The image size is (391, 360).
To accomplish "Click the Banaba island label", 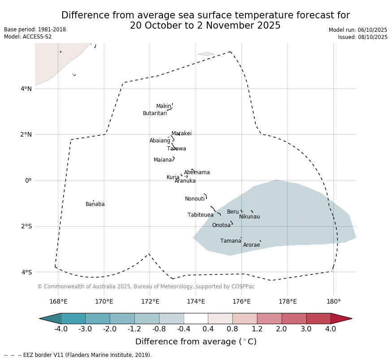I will [95, 204].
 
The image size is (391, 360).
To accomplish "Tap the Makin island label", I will [163, 106].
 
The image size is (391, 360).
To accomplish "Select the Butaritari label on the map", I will [155, 113].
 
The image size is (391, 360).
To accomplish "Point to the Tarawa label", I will [176, 149].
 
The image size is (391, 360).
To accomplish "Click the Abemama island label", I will [197, 172].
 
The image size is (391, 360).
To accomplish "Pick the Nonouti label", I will [195, 199].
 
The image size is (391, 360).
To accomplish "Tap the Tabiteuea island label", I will [201, 215].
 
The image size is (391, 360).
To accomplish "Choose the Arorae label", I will [252, 245].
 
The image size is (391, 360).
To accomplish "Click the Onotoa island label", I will [221, 225].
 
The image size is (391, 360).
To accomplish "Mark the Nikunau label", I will [249, 217].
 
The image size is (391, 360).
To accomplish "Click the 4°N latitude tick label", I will [26, 89].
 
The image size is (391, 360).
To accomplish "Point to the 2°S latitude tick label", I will [26, 226].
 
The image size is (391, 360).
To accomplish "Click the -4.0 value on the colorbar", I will [60, 329].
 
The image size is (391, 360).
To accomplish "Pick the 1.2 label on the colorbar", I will [257, 329].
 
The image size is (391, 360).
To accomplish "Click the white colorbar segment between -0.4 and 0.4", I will [196, 318].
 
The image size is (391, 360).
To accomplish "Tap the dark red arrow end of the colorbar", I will [341, 318].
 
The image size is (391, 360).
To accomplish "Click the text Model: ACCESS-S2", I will [28, 37].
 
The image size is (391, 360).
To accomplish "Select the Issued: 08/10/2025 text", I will [363, 37].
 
